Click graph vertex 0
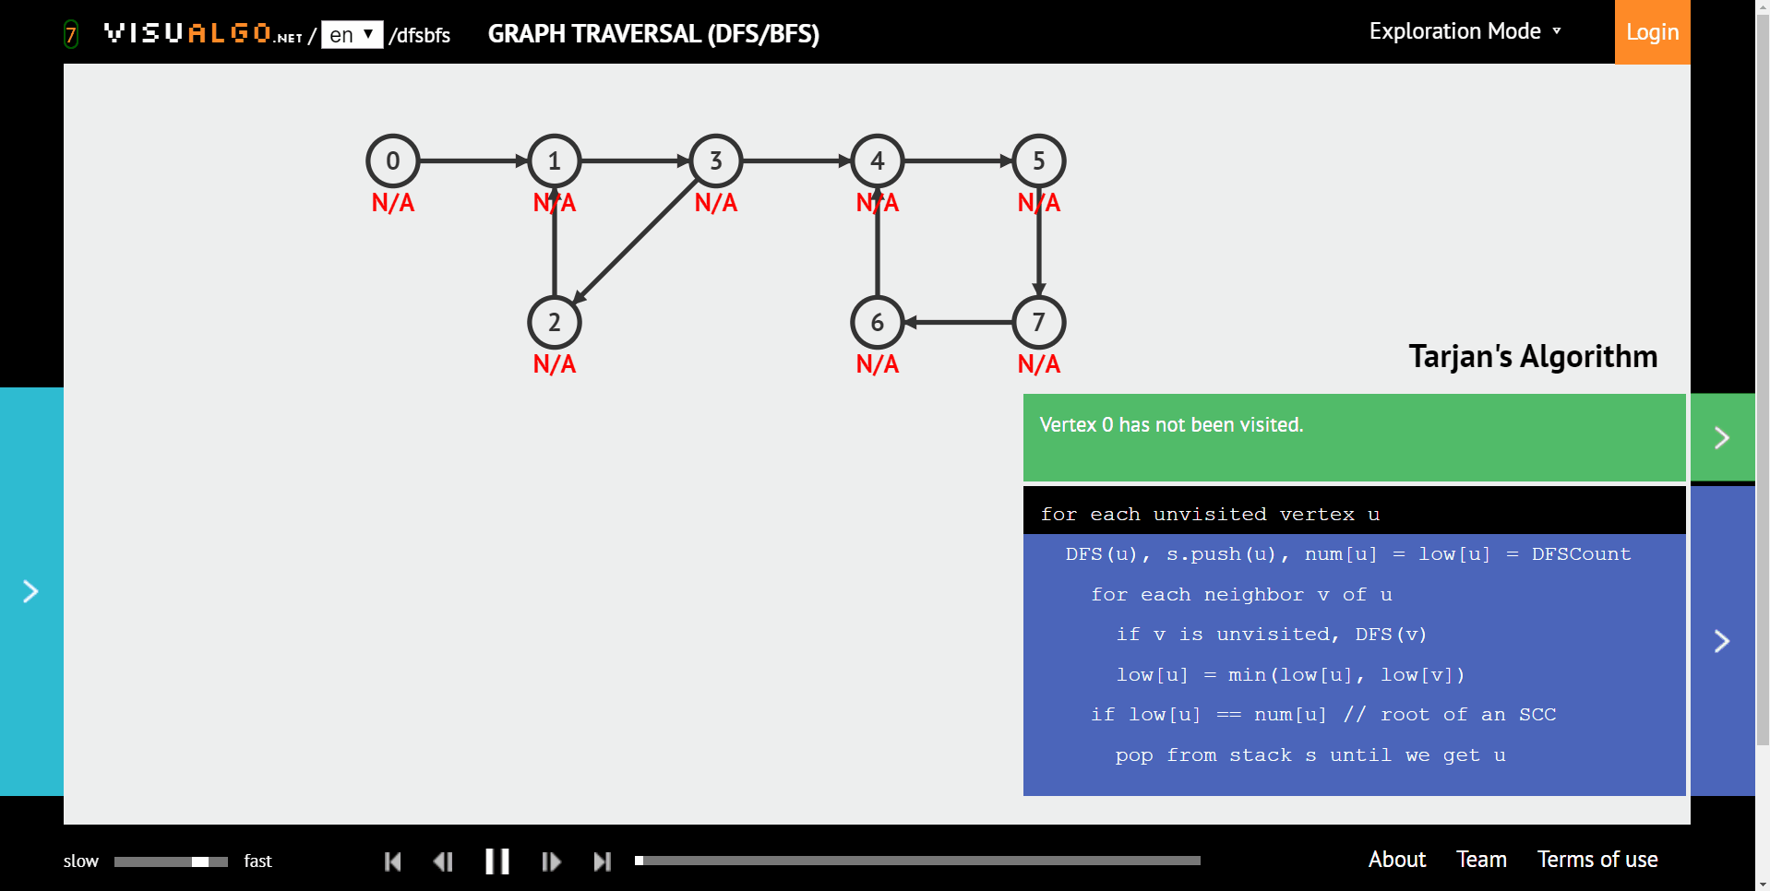click(393, 161)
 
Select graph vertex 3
click(716, 161)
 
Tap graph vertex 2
click(555, 323)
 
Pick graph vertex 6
click(878, 323)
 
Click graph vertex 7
click(1039, 323)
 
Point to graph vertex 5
click(1039, 161)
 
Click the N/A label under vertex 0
click(393, 203)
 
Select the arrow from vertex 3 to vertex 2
click(635, 242)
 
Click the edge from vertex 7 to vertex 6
click(958, 323)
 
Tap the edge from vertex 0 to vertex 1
click(474, 161)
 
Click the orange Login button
click(1652, 32)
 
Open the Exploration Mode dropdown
click(1465, 31)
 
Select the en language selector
click(353, 35)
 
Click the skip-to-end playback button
click(603, 861)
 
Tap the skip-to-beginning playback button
click(392, 861)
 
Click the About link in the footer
click(1397, 860)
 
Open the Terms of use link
click(1597, 860)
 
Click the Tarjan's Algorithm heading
click(1533, 356)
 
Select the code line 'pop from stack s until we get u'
click(1310, 755)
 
